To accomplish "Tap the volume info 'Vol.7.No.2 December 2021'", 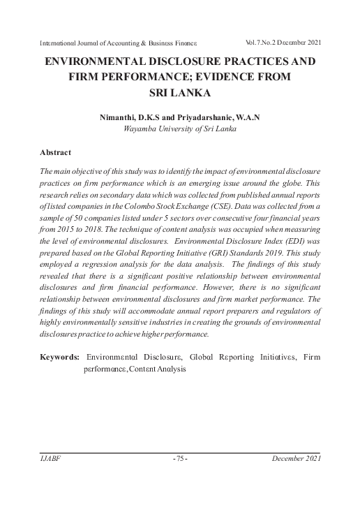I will [x=273, y=43].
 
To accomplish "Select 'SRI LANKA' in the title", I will [x=180, y=91].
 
